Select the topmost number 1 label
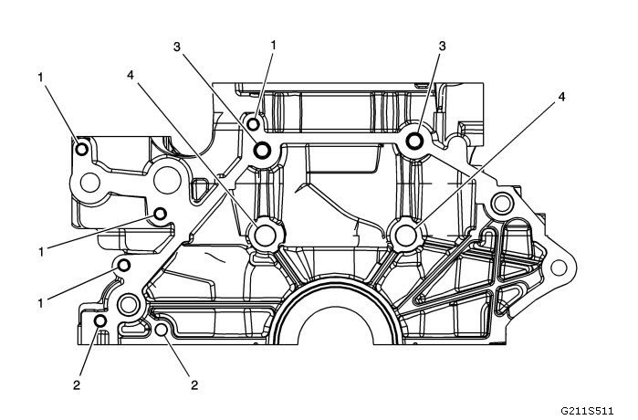tap(273, 43)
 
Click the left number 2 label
tap(77, 385)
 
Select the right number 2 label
tap(194, 385)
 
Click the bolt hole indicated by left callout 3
tap(263, 152)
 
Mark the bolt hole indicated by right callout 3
tap(413, 141)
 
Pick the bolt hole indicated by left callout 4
tap(266, 236)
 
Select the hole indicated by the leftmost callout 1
tap(80, 150)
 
